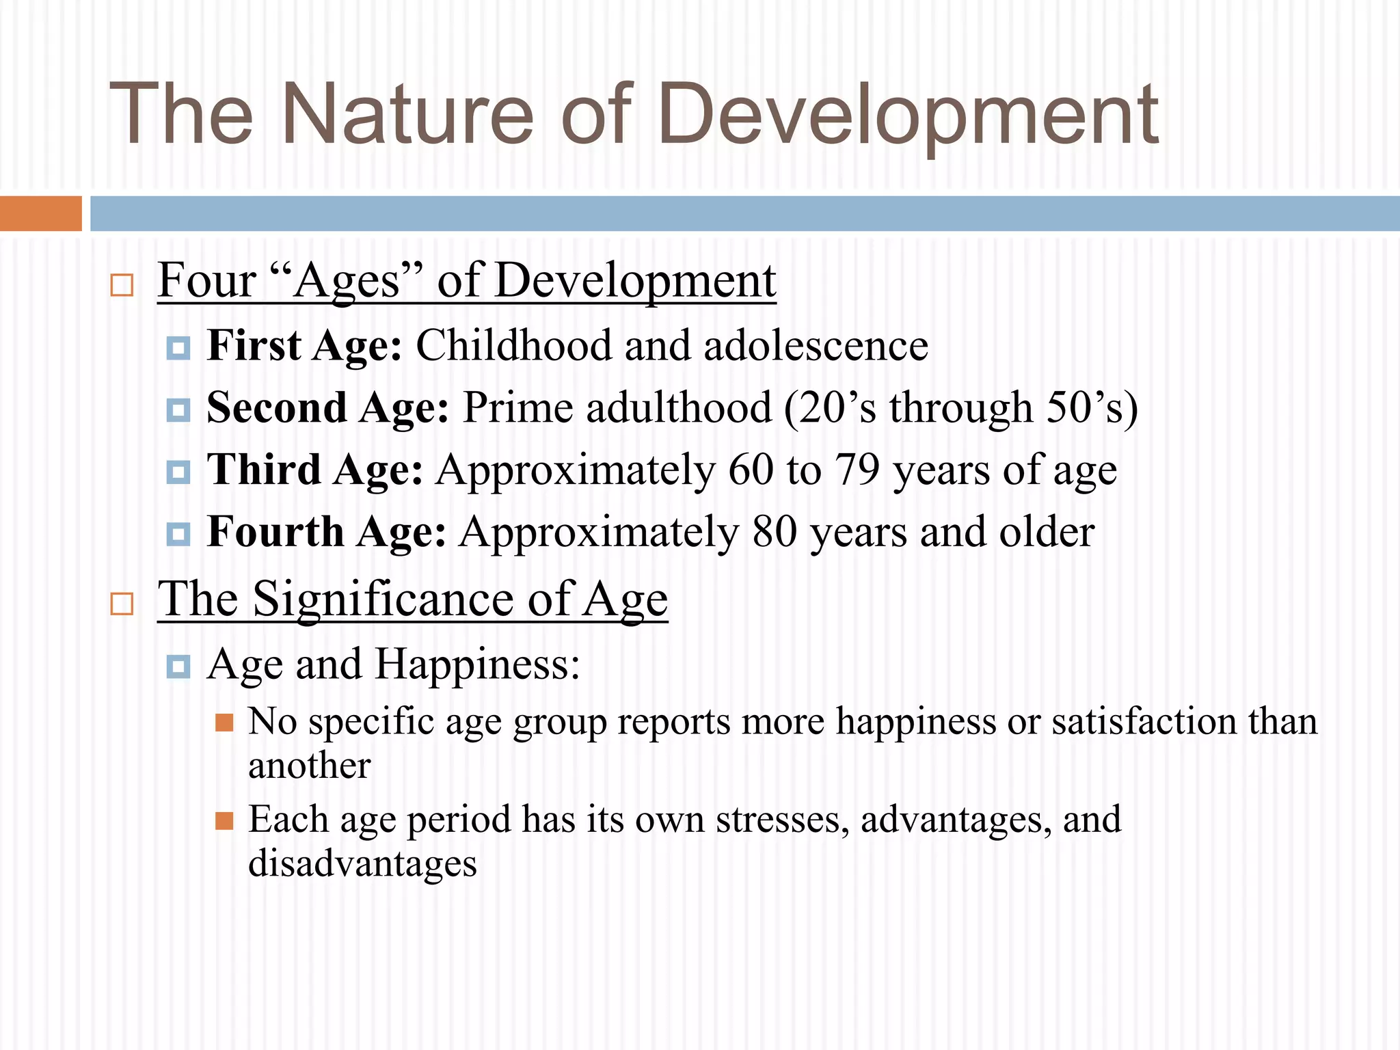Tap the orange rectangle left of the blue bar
[x=40, y=213]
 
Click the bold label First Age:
[x=304, y=345]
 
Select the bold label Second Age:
[x=327, y=408]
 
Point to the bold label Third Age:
[x=314, y=470]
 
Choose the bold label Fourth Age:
[x=326, y=533]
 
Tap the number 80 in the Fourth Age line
[x=774, y=533]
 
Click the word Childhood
[x=513, y=345]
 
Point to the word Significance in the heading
[x=383, y=600]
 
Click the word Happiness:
[x=477, y=664]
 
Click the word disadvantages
[x=362, y=863]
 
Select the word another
[x=309, y=766]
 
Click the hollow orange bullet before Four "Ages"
[x=122, y=284]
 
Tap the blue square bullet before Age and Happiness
[x=178, y=666]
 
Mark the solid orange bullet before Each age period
[x=224, y=820]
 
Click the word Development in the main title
[x=908, y=115]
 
